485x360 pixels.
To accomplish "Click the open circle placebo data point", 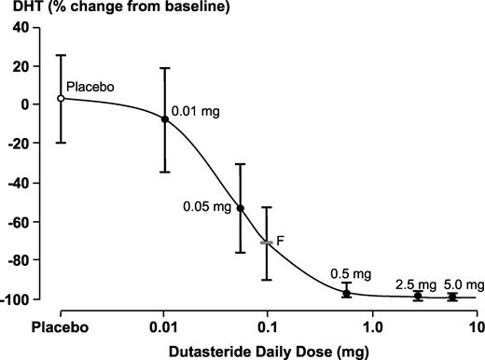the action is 61,99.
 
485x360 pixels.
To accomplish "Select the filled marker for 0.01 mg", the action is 165,119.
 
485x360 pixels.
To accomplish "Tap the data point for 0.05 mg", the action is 241,208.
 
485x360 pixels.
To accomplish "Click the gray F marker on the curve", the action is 267,242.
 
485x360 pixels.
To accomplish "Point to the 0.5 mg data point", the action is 347,293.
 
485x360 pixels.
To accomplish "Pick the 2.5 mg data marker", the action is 418,296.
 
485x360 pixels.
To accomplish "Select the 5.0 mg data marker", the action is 452,297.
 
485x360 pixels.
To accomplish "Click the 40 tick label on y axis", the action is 21,28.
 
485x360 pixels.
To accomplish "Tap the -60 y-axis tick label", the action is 18,222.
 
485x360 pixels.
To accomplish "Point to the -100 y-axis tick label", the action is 15,299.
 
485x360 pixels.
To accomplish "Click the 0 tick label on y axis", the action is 25,104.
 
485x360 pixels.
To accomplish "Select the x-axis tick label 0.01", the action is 163,327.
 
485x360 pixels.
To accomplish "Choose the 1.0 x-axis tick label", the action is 373,327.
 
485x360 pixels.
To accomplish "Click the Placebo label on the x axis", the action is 60,327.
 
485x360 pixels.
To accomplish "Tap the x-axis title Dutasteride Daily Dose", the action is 251,352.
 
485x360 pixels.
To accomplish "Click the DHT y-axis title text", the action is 27,7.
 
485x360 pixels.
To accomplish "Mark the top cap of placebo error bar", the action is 61,55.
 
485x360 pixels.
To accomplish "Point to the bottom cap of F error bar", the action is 267,280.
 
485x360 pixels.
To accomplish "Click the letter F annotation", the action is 280,241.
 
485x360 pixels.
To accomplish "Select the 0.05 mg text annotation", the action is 207,207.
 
